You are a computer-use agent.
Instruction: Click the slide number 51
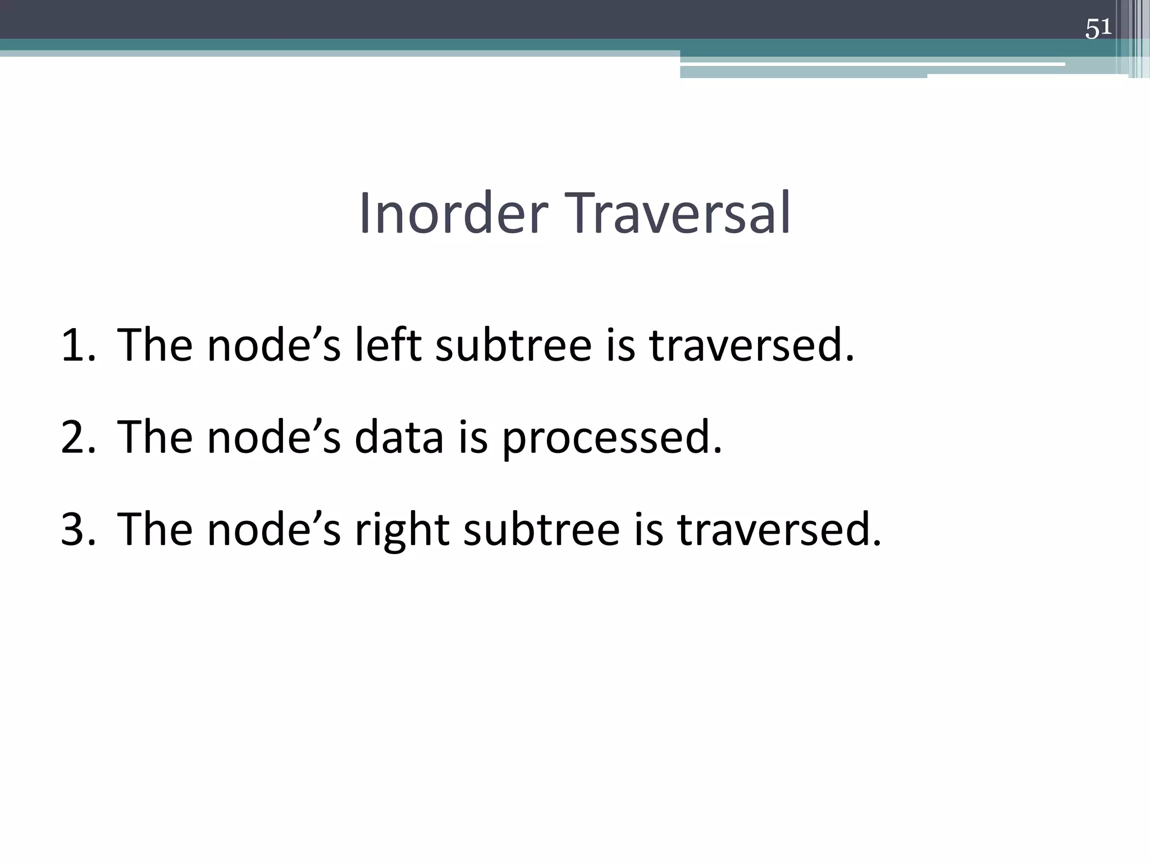coord(1098,28)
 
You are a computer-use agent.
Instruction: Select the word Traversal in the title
coord(681,214)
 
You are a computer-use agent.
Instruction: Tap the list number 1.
coord(77,345)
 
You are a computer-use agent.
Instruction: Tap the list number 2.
coord(77,437)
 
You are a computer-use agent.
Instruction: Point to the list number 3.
coord(77,529)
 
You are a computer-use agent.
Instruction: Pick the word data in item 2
coord(399,437)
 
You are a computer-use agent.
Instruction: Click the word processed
coord(611,438)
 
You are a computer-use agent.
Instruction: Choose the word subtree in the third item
coord(541,529)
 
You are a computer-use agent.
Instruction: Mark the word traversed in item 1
coord(752,345)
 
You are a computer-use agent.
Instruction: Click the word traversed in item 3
coord(779,530)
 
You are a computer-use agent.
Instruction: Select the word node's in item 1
coord(274,345)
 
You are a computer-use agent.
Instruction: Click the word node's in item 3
coord(274,530)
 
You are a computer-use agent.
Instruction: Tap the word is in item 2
coord(473,437)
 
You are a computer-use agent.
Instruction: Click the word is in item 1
coord(620,345)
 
